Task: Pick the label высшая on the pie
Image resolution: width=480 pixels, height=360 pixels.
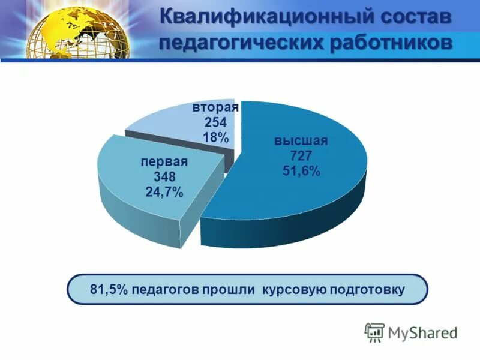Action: pos(301,142)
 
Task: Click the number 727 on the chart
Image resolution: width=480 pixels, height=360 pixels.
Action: pos(301,157)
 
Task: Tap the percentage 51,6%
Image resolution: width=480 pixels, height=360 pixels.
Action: pos(301,172)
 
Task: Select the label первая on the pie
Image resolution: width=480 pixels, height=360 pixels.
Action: pos(164,162)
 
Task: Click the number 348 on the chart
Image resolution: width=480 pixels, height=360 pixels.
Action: pos(164,177)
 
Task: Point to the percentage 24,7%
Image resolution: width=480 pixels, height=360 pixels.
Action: pos(164,193)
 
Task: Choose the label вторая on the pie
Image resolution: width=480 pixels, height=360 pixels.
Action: pos(215,107)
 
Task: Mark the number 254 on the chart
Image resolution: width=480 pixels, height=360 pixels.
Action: pos(215,122)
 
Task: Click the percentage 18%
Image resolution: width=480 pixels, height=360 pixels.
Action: pos(215,137)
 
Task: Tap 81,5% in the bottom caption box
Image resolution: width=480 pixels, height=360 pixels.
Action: pos(109,290)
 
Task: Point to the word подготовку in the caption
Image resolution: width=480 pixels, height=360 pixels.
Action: pos(367,290)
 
